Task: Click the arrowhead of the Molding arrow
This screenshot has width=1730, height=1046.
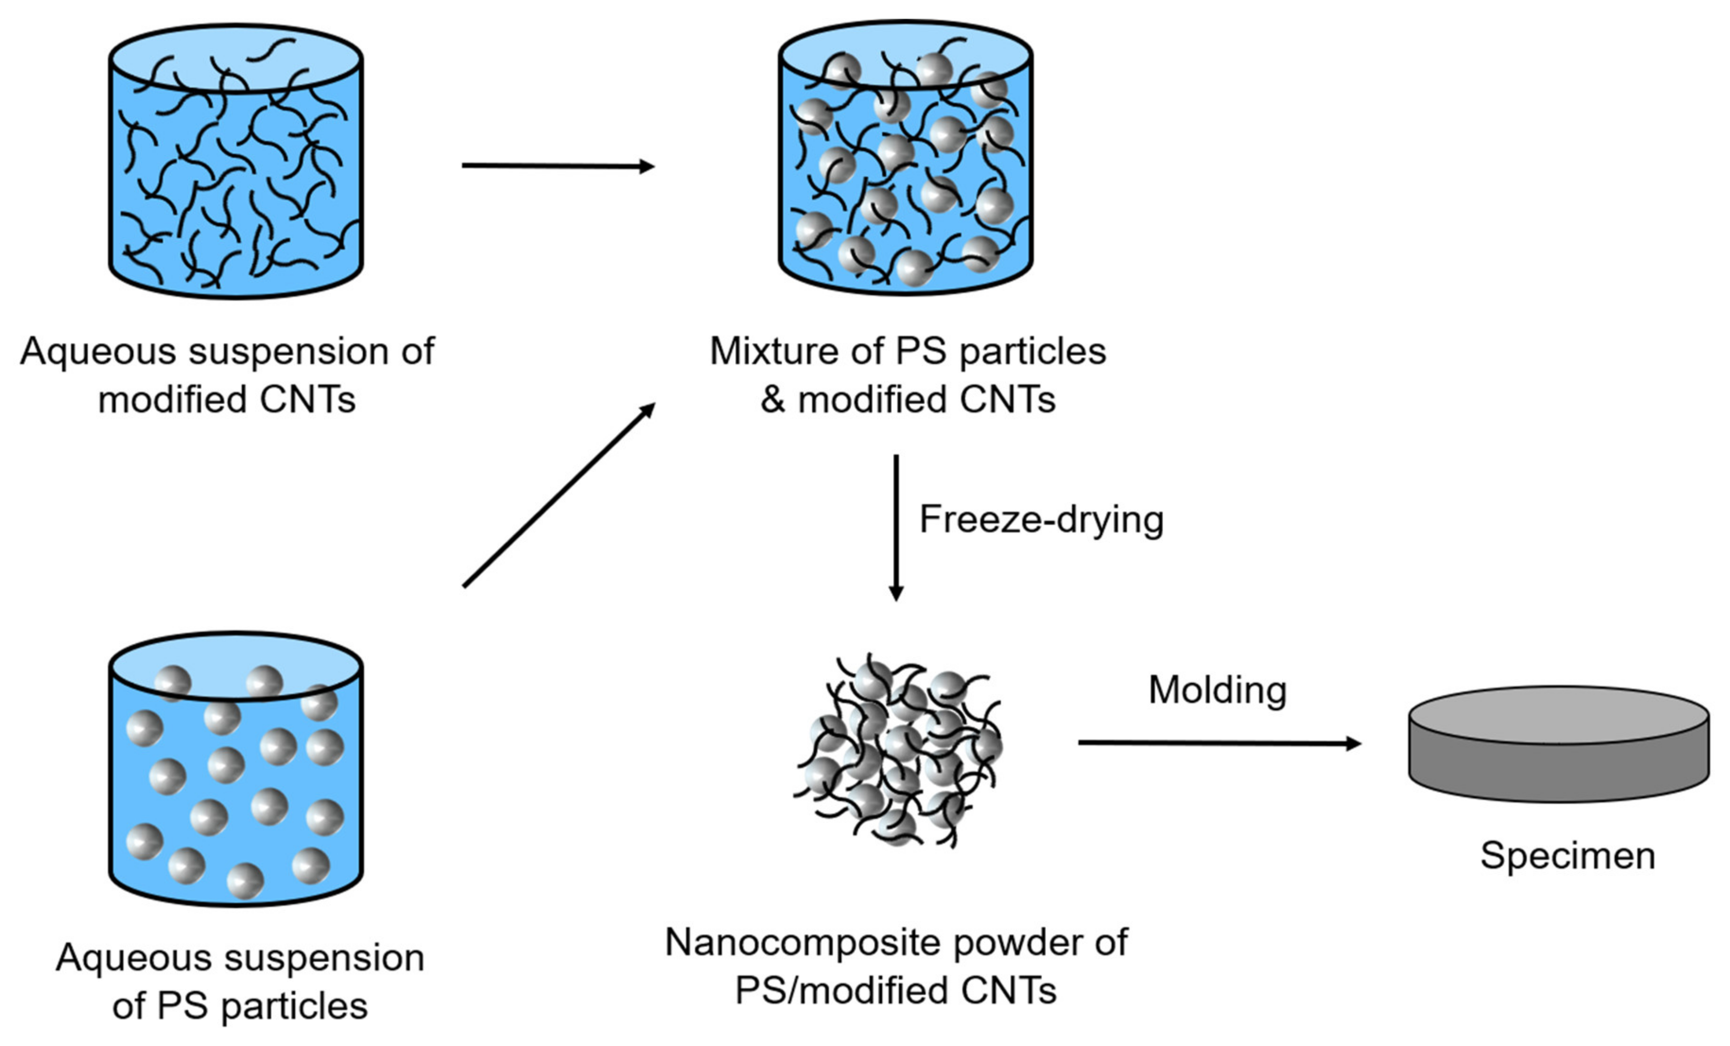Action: [1352, 743]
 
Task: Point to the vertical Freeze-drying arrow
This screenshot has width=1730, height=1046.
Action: [896, 527]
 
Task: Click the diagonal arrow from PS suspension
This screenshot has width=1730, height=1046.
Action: [558, 495]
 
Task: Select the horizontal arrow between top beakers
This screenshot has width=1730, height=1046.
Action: [558, 166]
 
